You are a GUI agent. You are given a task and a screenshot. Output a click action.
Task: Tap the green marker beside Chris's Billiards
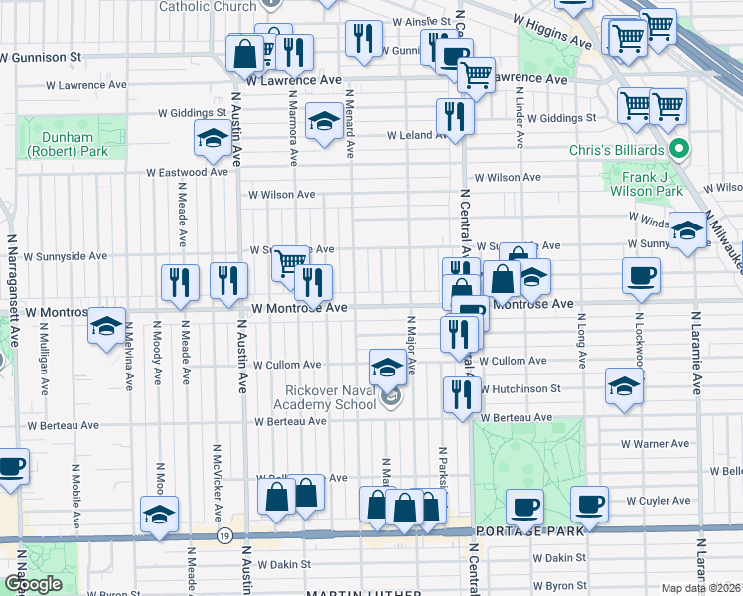click(679, 150)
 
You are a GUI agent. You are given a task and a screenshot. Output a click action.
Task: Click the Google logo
click(33, 585)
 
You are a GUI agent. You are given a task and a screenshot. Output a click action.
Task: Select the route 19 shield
click(225, 536)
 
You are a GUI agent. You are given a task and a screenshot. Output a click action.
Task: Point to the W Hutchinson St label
click(521, 388)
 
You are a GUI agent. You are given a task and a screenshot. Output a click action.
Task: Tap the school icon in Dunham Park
click(212, 140)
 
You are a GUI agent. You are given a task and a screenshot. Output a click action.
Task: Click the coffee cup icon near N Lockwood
click(641, 275)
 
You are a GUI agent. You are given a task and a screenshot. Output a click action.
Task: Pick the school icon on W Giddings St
click(323, 121)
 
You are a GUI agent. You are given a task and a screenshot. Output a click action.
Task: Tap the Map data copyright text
click(700, 588)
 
